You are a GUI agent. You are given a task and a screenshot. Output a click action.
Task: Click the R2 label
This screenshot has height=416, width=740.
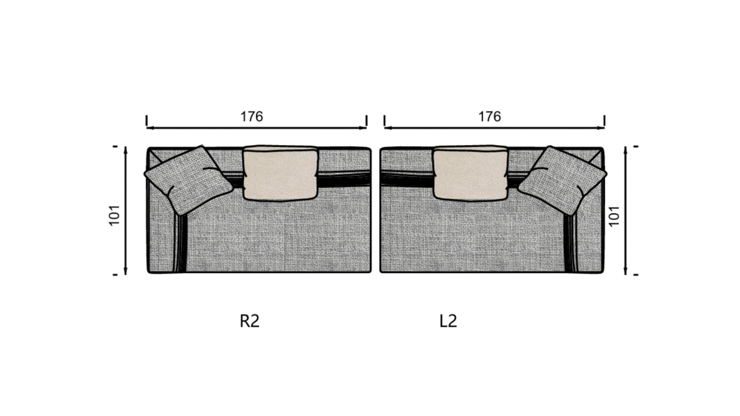[249, 321]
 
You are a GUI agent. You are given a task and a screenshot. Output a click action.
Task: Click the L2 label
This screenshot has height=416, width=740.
[448, 321]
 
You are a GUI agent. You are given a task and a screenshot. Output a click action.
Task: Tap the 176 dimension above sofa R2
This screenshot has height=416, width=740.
[251, 117]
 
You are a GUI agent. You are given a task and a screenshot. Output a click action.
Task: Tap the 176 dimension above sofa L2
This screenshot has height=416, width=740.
[490, 117]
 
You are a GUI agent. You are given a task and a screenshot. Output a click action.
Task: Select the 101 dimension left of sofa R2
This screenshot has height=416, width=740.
[114, 215]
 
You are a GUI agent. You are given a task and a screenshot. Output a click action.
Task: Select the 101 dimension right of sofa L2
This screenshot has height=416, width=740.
[614, 216]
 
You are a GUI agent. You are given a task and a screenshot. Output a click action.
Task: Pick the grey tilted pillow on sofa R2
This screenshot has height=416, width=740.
[188, 180]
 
